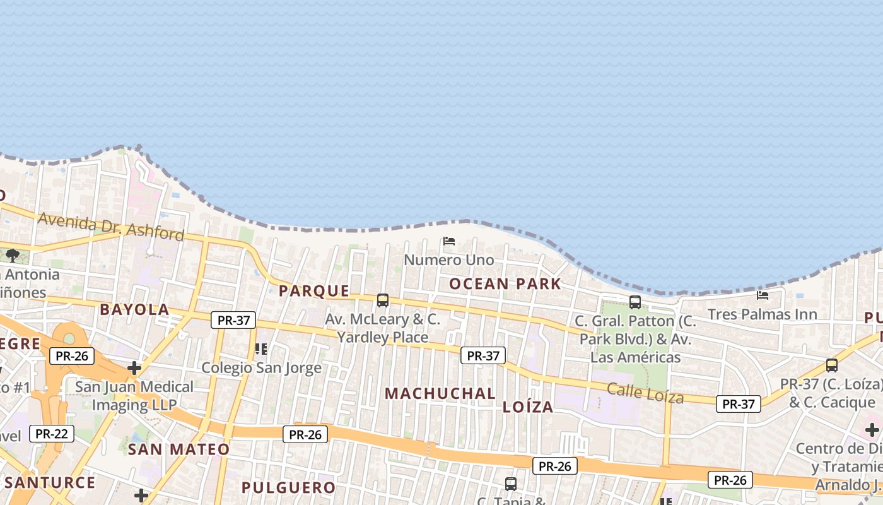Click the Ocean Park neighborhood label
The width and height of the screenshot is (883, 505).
(505, 284)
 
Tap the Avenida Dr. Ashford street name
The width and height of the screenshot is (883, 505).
(111, 226)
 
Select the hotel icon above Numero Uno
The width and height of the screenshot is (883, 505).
(449, 241)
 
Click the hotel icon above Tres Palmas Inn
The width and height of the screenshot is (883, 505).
(763, 295)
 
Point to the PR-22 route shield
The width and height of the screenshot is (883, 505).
(51, 434)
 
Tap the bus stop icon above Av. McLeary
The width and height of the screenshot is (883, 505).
(383, 300)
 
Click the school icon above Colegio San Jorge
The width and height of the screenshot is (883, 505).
(261, 348)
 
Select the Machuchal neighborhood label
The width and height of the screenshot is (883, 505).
(440, 393)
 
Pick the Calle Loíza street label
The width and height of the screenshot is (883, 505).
(645, 393)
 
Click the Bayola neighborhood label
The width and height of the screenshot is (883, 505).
(134, 309)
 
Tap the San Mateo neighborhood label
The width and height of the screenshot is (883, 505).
(178, 449)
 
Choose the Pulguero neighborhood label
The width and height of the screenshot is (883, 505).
(288, 487)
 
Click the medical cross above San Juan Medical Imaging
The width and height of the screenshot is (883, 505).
(134, 367)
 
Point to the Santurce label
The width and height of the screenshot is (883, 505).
(50, 483)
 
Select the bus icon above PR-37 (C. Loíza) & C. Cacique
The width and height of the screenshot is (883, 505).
(832, 365)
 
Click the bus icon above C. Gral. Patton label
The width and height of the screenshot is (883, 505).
(635, 302)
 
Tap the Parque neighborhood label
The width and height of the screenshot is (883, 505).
(314, 291)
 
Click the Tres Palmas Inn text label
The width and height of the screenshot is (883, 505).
(762, 314)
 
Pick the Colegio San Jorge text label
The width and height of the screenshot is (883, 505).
(261, 367)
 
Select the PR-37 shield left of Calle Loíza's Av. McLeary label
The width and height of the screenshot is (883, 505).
(233, 320)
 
